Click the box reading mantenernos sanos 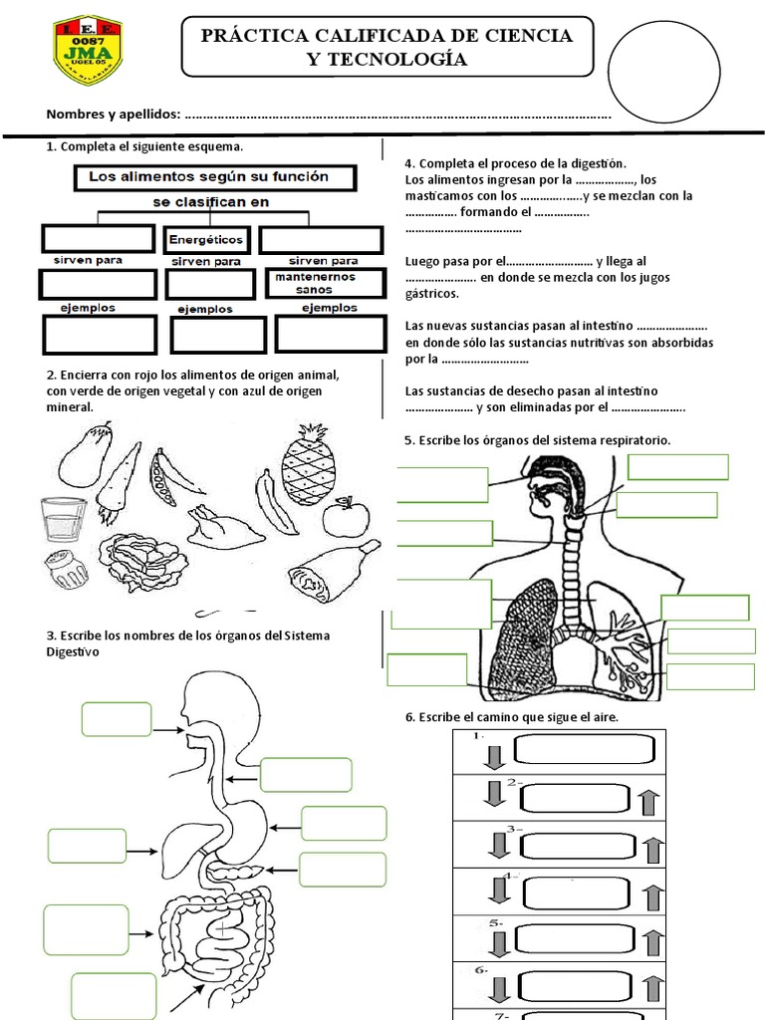coord(325,282)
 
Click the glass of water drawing coord(64,519)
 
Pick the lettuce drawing coord(141,562)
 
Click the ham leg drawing coord(333,570)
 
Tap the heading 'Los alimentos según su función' coord(207,177)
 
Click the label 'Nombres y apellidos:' coord(113,114)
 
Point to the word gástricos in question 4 coord(432,294)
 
